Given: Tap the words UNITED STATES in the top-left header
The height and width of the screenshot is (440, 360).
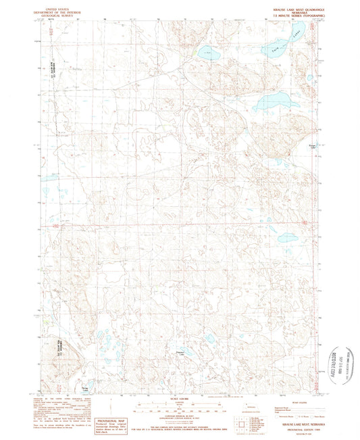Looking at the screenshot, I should click(x=51, y=9).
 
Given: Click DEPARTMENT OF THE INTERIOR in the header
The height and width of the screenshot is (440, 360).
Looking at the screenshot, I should click(x=51, y=12).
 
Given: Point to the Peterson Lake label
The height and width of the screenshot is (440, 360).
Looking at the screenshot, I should click(x=180, y=351).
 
